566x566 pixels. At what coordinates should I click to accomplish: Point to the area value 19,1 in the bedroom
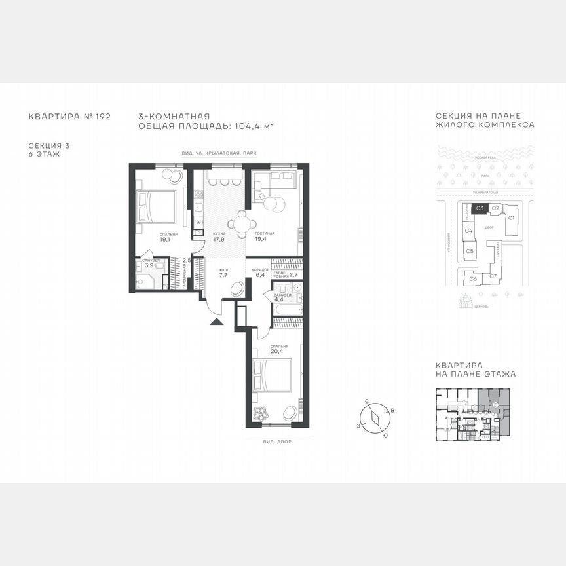pos(164,240)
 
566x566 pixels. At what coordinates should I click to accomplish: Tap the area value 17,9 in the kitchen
pos(219,239)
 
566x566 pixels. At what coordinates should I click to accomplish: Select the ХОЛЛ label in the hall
pos(223,269)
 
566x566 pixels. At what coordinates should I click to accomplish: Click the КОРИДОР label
pos(257,269)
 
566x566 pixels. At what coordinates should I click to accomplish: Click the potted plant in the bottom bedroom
pos(260,413)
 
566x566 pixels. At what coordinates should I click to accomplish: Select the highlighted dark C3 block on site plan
pos(480,208)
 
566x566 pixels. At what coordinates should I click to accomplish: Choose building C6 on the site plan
pos(472,279)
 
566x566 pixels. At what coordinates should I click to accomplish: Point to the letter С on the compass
pos(368,400)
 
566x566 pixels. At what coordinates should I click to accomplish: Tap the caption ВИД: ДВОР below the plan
pos(274,442)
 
